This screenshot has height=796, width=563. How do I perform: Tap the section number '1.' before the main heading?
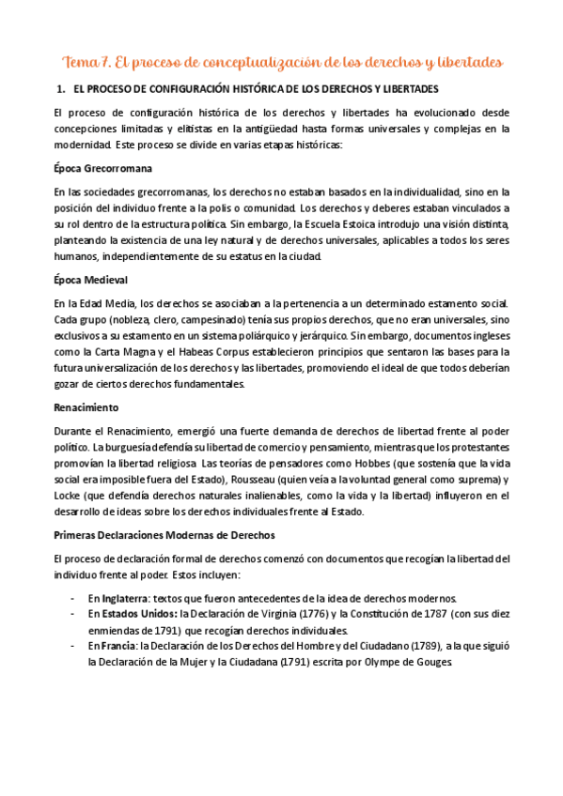(x=62, y=90)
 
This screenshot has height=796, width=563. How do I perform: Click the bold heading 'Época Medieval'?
(x=92, y=281)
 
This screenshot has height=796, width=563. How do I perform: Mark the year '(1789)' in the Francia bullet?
(x=399, y=646)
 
